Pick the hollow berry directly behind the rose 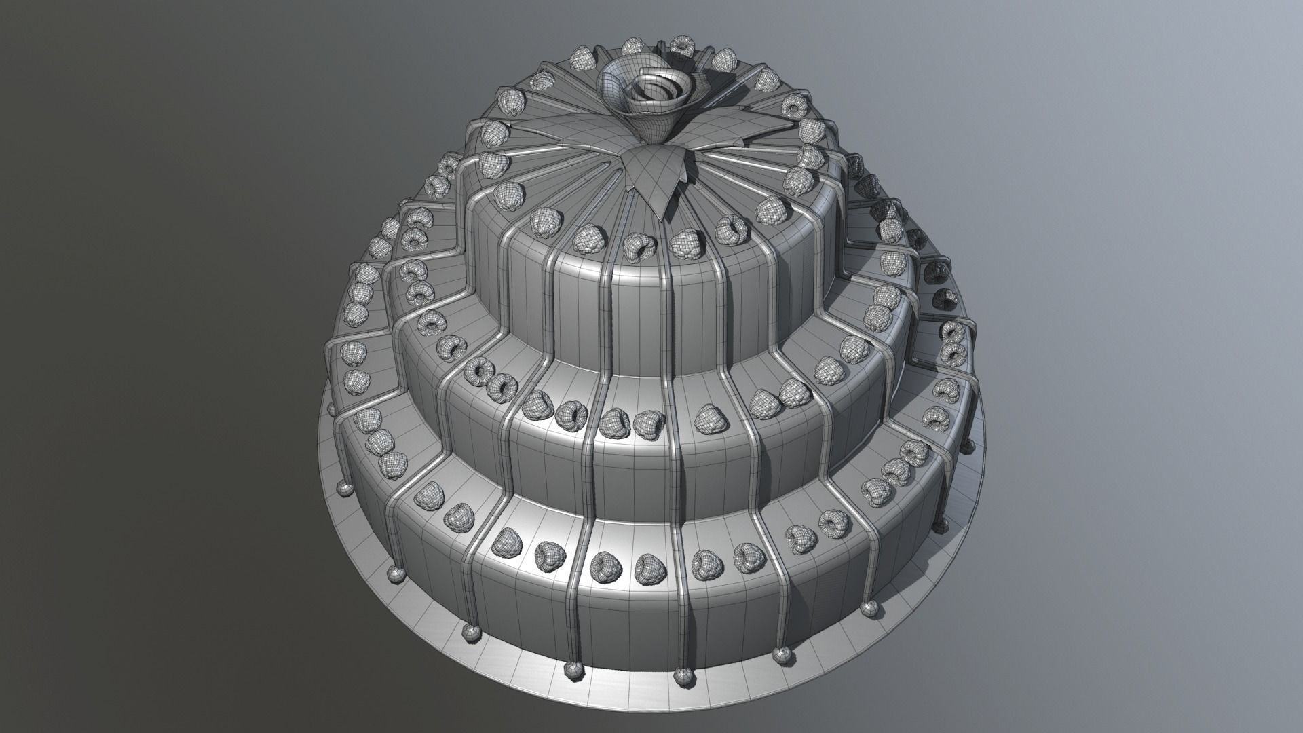click(681, 45)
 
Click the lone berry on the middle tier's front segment click(710, 416)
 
